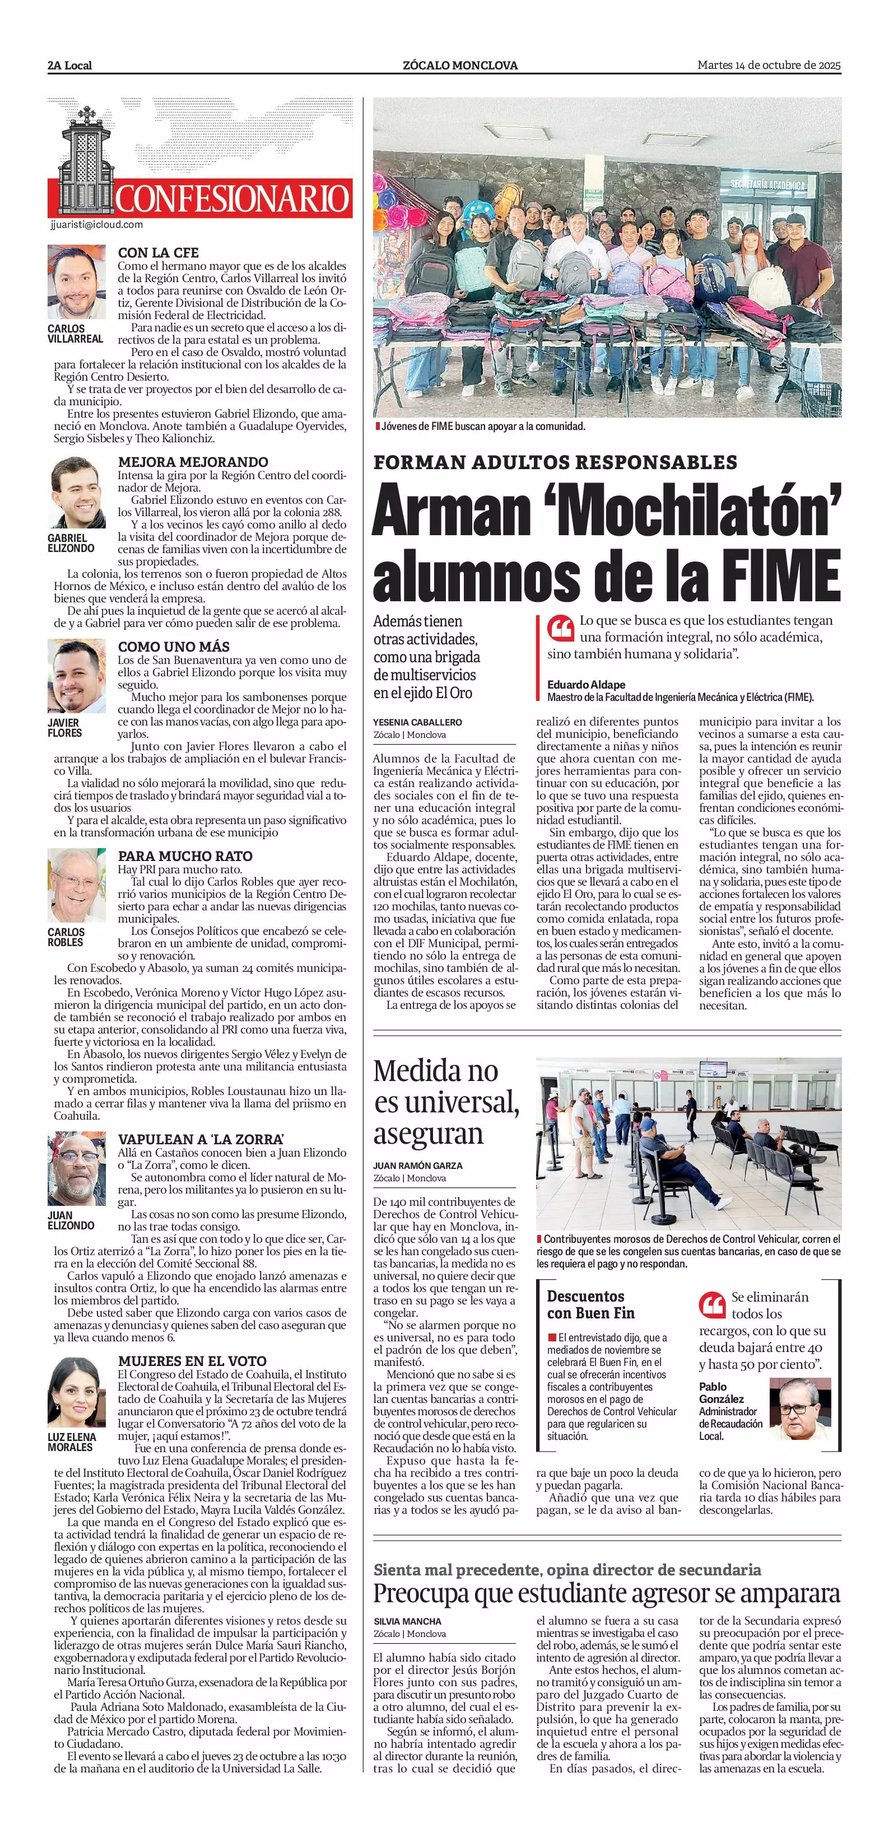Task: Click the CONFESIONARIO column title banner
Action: (x=231, y=198)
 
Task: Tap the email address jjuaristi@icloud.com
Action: (x=97, y=224)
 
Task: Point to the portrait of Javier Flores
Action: (x=76, y=676)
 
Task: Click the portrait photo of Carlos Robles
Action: (x=76, y=885)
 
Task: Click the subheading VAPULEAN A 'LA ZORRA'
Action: (x=192, y=1140)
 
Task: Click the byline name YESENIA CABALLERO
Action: (x=417, y=722)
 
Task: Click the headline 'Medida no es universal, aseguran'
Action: (x=445, y=1101)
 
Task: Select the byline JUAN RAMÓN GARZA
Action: (x=417, y=1166)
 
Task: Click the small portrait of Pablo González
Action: (x=800, y=1409)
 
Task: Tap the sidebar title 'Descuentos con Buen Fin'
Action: (x=590, y=1304)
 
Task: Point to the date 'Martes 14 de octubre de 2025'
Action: (x=769, y=65)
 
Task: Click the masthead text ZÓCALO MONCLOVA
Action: (x=460, y=65)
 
